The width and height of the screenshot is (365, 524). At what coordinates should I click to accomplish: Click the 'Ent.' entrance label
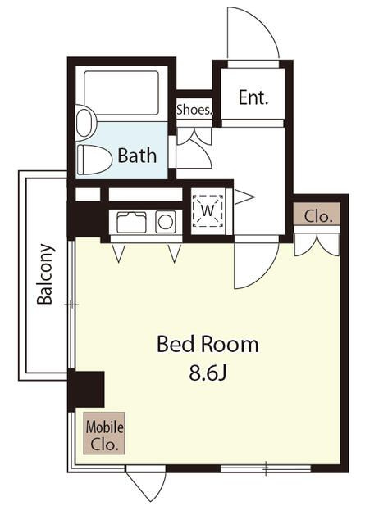click(253, 97)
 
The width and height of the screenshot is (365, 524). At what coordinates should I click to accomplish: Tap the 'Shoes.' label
click(194, 110)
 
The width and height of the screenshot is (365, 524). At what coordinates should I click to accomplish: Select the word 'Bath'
click(137, 156)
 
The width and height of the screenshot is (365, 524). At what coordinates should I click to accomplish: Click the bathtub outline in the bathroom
click(121, 93)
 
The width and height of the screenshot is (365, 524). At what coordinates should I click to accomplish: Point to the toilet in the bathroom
click(94, 159)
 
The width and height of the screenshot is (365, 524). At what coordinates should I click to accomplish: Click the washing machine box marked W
click(208, 210)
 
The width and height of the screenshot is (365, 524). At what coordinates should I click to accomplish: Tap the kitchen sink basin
click(131, 222)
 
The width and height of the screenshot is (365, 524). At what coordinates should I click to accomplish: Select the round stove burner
click(166, 222)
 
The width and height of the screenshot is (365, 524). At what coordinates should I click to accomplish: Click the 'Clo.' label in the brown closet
click(317, 216)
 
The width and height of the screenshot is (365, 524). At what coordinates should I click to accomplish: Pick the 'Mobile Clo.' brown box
click(104, 433)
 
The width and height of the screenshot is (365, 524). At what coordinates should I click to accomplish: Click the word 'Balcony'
click(45, 274)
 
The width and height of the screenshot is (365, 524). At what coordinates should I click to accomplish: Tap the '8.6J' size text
click(208, 373)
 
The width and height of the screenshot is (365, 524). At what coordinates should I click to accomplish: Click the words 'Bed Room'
click(208, 344)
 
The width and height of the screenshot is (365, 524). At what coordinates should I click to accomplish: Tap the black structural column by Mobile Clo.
click(86, 390)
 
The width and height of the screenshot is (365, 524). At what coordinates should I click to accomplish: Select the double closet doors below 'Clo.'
click(317, 245)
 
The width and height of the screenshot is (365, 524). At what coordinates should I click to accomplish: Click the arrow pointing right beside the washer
click(244, 197)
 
